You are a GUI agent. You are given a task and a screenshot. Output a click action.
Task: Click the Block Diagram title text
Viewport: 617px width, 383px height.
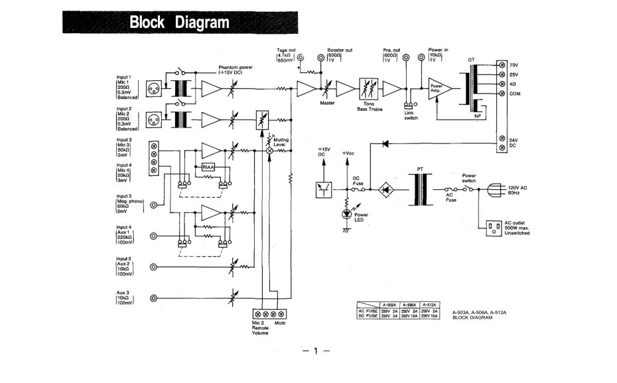(x=179, y=23)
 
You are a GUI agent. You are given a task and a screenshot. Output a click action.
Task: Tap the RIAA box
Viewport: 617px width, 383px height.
(x=209, y=167)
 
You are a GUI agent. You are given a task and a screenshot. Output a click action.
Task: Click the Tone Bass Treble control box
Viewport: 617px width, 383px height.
(x=368, y=88)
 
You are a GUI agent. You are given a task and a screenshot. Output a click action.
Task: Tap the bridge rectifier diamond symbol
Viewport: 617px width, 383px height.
(x=385, y=190)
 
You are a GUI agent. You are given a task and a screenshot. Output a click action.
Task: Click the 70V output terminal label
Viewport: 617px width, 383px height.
(x=514, y=64)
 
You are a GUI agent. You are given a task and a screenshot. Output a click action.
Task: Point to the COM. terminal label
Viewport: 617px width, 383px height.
(x=516, y=94)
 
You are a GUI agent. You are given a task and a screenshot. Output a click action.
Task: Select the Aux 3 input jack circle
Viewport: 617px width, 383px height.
(x=153, y=299)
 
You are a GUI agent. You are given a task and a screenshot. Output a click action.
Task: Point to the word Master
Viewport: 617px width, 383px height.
(x=327, y=103)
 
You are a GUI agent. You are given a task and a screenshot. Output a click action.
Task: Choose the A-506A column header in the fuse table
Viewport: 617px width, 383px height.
(x=411, y=305)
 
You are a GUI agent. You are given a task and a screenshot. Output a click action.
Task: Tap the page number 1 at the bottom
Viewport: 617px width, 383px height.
(x=316, y=350)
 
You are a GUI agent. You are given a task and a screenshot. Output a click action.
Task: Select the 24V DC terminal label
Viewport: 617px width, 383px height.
(x=514, y=143)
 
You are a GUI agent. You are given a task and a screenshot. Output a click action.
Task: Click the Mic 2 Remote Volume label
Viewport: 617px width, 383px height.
(x=260, y=327)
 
